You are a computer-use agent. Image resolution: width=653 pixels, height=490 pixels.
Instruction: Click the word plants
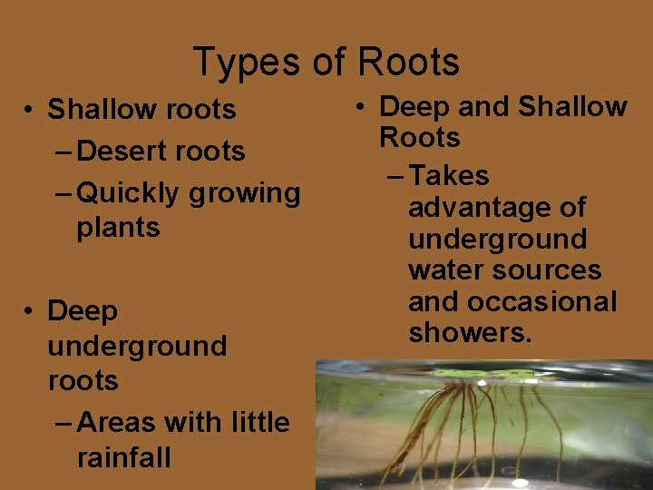tap(118, 228)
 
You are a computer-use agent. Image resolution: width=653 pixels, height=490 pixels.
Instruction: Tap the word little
tap(261, 422)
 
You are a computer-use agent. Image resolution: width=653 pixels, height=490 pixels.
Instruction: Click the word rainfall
tap(123, 456)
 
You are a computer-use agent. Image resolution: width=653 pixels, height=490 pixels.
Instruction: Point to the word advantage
tap(496, 208)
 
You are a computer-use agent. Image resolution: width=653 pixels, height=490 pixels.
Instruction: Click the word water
tap(441, 270)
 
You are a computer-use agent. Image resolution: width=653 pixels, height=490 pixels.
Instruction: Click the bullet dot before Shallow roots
tap(30, 111)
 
